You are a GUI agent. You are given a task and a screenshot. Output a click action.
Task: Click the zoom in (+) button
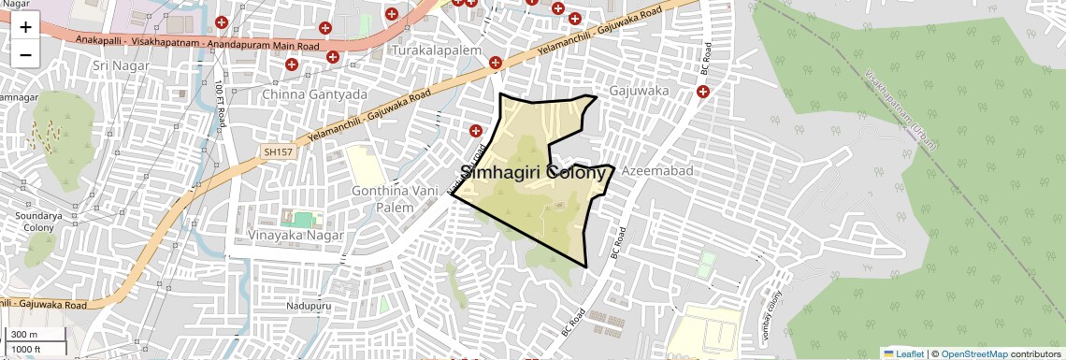25,27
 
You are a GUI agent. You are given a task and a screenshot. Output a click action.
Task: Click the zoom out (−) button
25,55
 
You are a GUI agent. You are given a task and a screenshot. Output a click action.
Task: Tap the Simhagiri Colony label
536,173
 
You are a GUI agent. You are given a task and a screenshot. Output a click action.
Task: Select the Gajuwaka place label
639,92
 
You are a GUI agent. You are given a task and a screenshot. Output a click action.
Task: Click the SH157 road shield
278,151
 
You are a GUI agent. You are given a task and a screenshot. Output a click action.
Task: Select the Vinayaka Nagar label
296,235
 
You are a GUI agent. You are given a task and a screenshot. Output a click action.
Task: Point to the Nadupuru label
310,306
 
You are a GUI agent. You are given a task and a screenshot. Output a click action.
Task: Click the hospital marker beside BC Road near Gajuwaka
702,92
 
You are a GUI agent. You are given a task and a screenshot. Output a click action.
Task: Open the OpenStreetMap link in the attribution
973,353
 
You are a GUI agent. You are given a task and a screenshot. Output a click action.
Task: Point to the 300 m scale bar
36,335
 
